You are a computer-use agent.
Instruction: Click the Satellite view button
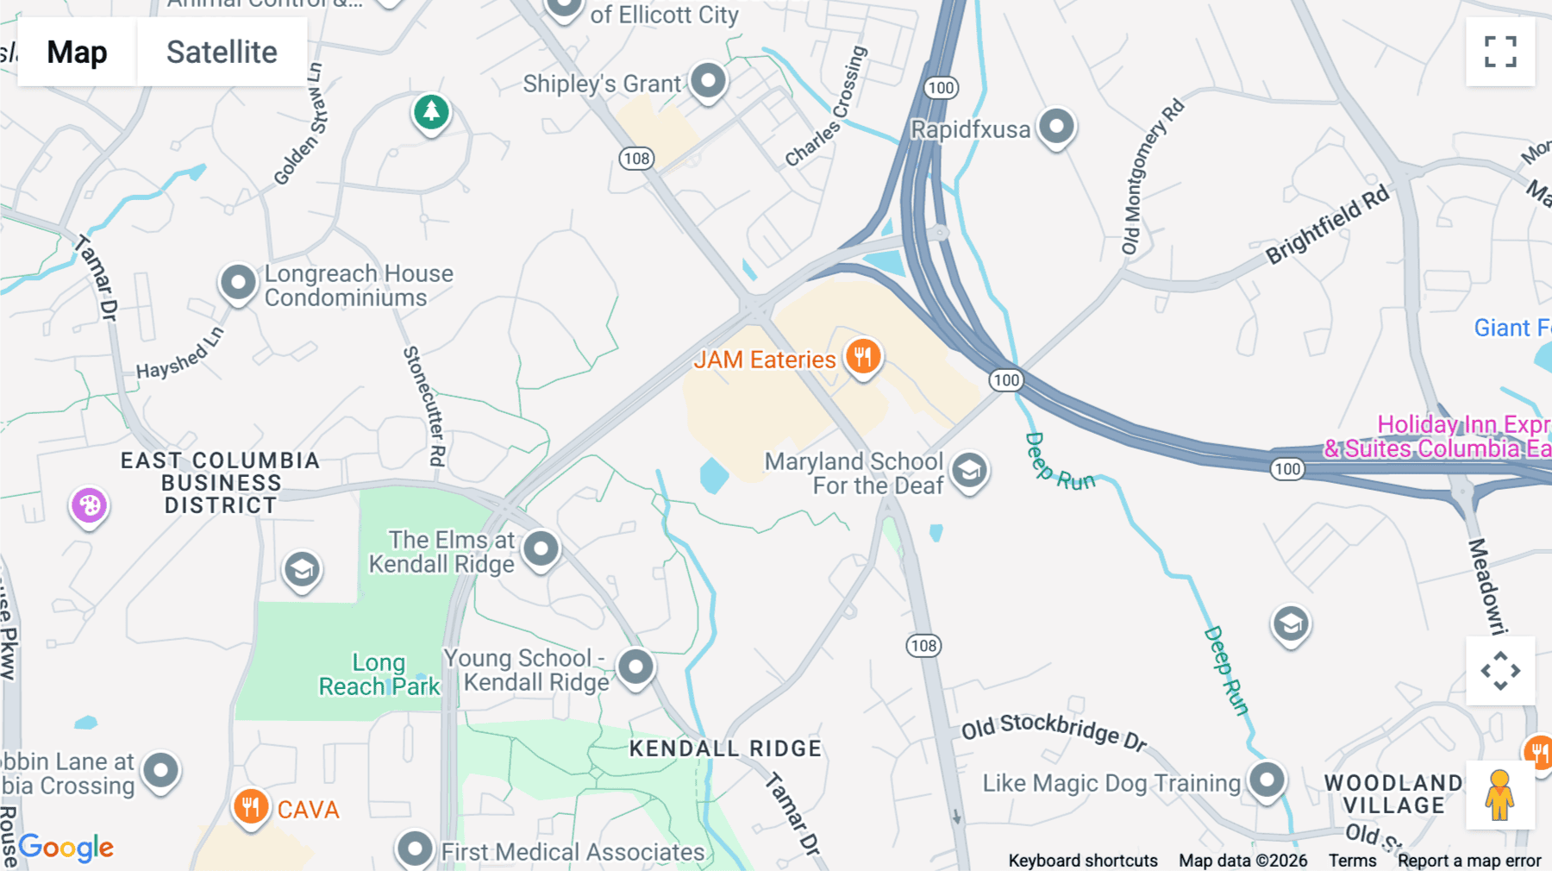(222, 52)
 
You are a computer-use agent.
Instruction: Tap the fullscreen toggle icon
(1500, 52)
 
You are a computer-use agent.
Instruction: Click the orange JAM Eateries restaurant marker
(862, 356)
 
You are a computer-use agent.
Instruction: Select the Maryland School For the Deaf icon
(970, 471)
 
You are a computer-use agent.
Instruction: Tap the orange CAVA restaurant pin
(251, 807)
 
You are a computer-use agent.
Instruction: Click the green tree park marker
(431, 111)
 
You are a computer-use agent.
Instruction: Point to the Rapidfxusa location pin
(1056, 127)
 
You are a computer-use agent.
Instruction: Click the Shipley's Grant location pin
(709, 81)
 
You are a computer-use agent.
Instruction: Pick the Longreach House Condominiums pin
(238, 282)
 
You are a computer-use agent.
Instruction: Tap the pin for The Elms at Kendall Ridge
(541, 548)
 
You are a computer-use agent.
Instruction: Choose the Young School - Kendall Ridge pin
(636, 667)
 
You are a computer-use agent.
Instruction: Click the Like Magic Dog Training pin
(1267, 780)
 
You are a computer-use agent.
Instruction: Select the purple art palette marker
(89, 505)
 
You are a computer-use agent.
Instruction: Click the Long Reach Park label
(379, 674)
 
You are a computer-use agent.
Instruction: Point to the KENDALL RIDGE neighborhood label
(725, 749)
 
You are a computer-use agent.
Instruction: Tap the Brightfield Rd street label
(1328, 224)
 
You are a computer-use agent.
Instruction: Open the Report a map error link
(1469, 861)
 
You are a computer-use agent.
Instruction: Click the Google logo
(66, 847)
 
